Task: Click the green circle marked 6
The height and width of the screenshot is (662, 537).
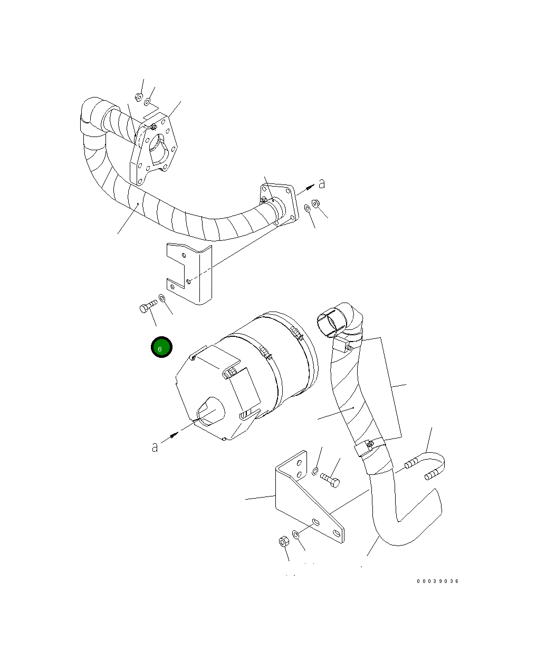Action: click(161, 347)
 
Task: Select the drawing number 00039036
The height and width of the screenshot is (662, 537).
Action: click(437, 581)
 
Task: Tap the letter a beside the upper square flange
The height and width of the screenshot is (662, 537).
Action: click(321, 183)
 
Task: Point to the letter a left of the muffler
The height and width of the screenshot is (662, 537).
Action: click(155, 447)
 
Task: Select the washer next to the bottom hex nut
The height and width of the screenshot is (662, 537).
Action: click(296, 535)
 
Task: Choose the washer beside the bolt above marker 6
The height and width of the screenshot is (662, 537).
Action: click(162, 299)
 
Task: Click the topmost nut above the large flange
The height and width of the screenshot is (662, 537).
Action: click(138, 97)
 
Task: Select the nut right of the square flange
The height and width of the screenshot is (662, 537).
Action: click(316, 203)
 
